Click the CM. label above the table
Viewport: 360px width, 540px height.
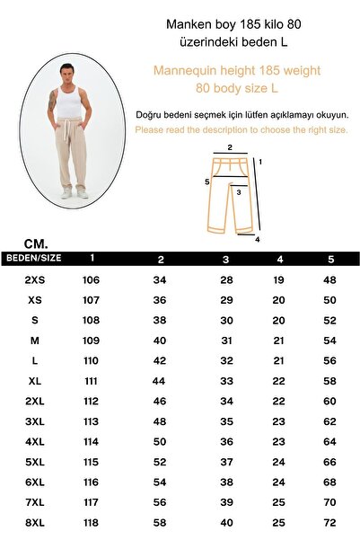[x=37, y=243]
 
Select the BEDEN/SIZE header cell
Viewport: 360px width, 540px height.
[x=33, y=258]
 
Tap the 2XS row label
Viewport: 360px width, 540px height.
[x=34, y=280]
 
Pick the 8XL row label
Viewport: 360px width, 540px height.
[x=34, y=521]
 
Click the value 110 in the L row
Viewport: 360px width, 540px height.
[x=91, y=360]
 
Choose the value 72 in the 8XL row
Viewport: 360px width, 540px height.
[x=329, y=521]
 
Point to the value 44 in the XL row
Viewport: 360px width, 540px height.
[x=160, y=381]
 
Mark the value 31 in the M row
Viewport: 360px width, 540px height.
[x=226, y=341]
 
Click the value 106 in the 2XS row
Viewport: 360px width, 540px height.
[x=91, y=280]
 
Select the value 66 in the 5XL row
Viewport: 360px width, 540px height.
[x=329, y=461]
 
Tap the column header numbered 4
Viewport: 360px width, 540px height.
[x=280, y=260]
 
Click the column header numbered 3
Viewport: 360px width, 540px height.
[x=226, y=260]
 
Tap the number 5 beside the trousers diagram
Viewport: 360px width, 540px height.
[x=206, y=181]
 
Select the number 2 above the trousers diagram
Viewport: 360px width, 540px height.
[x=230, y=147]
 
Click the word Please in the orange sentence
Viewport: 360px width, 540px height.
[x=150, y=130]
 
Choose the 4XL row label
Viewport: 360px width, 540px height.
[x=34, y=441]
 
